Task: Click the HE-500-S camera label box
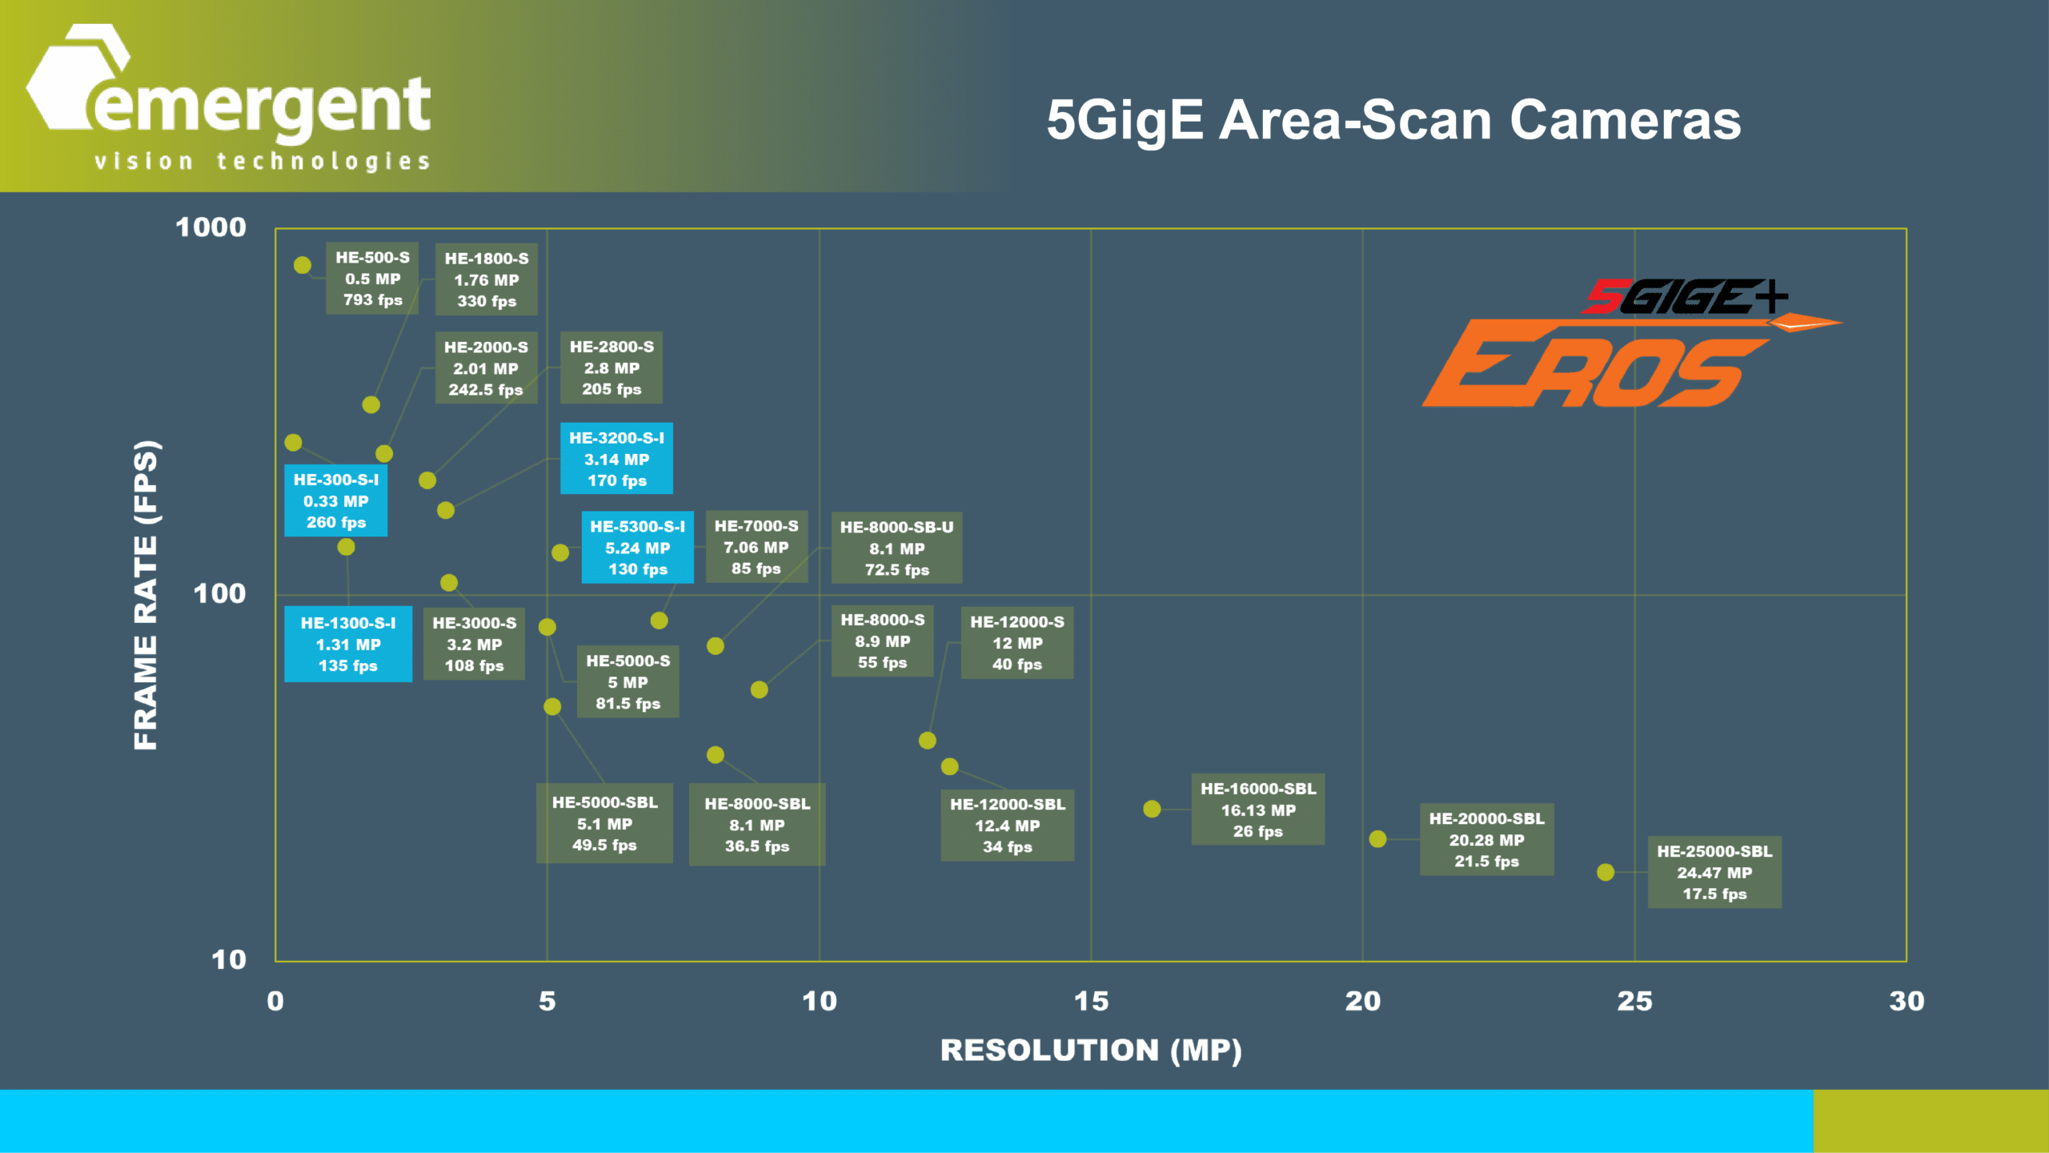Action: pyautogui.click(x=372, y=279)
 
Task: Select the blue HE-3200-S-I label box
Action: pyautogui.click(x=616, y=459)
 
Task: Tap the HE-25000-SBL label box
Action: pyautogui.click(x=1714, y=873)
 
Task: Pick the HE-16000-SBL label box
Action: pyautogui.click(x=1257, y=810)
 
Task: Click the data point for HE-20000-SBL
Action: pyautogui.click(x=1377, y=839)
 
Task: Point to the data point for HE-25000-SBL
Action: pyautogui.click(x=1606, y=872)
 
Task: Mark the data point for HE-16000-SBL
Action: pyautogui.click(x=1152, y=810)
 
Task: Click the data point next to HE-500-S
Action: pyautogui.click(x=303, y=265)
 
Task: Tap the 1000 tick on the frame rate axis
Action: pyautogui.click(x=211, y=227)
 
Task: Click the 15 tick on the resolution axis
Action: pyautogui.click(x=1091, y=1001)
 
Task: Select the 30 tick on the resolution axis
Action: pyautogui.click(x=1907, y=1001)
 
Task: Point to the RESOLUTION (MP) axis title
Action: pyautogui.click(x=1091, y=1051)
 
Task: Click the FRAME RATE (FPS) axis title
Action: pyautogui.click(x=146, y=595)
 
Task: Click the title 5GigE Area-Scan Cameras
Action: pyautogui.click(x=1393, y=120)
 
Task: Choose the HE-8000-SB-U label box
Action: pyautogui.click(x=896, y=548)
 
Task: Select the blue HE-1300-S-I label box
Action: pyautogui.click(x=348, y=645)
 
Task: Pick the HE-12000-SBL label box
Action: pyautogui.click(x=1007, y=825)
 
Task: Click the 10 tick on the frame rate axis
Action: pyautogui.click(x=228, y=960)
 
